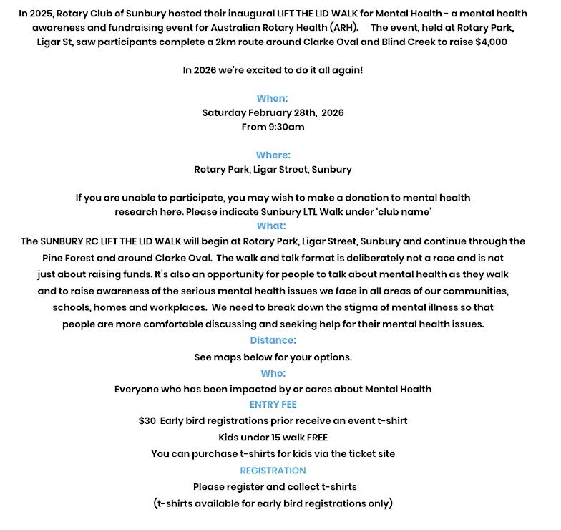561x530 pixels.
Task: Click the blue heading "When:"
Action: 272,99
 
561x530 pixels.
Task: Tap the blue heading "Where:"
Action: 273,155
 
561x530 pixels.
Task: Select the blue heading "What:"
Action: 271,226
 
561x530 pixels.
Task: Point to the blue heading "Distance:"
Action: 273,341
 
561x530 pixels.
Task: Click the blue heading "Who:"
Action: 273,373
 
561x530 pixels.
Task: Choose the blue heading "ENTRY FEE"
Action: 273,405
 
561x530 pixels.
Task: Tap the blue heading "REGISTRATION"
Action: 273,471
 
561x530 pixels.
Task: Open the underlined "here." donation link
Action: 172,212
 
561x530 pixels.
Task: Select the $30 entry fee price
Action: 147,420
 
